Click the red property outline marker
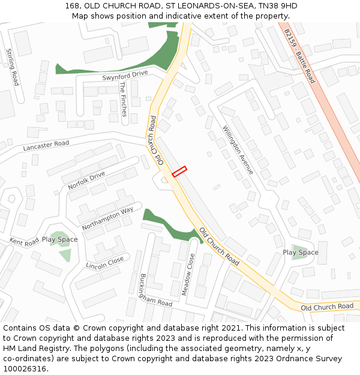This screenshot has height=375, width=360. (179, 172)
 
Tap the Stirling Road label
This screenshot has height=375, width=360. (13, 67)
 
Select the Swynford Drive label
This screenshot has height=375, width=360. (125, 74)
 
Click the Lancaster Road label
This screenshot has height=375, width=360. (46, 145)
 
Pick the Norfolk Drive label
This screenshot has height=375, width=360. (86, 181)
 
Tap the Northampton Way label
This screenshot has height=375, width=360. (107, 218)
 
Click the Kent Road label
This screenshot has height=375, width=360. (24, 241)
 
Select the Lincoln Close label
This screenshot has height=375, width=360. (105, 262)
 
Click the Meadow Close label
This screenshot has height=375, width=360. (188, 274)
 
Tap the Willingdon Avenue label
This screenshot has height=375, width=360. (238, 150)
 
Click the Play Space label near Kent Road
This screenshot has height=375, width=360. (59, 239)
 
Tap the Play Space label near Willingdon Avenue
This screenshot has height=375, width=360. (301, 253)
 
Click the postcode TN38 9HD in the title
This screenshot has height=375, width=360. (278, 6)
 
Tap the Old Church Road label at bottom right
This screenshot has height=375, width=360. (327, 307)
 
